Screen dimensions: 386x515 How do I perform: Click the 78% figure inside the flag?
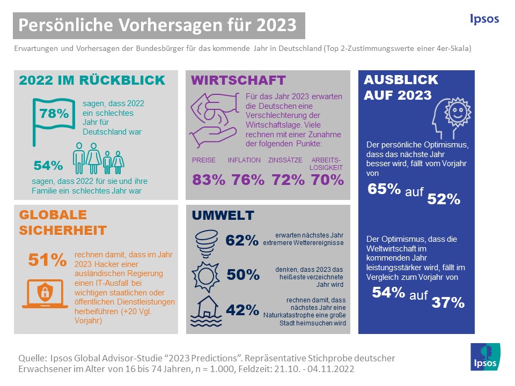click(54, 114)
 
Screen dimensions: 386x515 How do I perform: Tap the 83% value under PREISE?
click(209, 180)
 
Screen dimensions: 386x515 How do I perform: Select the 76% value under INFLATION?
click(248, 180)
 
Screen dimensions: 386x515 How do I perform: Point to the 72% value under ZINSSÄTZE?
click(288, 180)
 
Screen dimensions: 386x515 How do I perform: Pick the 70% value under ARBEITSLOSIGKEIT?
click(327, 180)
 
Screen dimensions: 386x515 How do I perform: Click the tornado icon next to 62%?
click(206, 240)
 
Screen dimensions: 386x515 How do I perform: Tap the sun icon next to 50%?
click(207, 274)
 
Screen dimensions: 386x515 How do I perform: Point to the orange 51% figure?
click(47, 260)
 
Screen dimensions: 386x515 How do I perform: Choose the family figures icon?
click(99, 157)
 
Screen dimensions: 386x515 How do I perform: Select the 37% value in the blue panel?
click(448, 303)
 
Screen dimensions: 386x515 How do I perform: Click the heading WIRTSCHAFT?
click(239, 81)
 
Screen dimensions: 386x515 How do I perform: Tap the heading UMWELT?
click(223, 216)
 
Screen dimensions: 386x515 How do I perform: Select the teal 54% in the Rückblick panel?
click(48, 165)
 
